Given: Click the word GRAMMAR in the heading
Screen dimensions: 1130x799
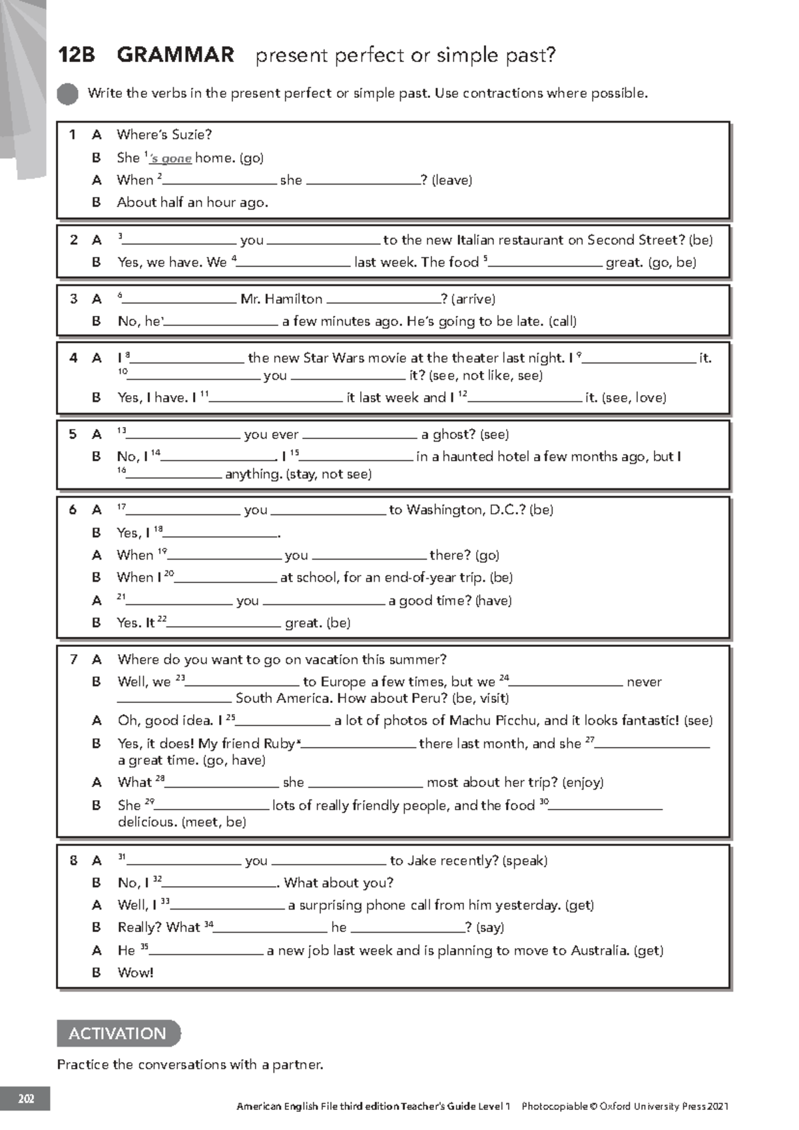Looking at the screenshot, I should (175, 55).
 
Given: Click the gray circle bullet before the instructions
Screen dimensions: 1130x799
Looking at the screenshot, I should (67, 94).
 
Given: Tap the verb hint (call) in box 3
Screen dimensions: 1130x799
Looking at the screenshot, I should (562, 321).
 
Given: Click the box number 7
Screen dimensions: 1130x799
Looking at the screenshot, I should (73, 660).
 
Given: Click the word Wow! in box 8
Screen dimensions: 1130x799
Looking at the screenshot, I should (135, 973).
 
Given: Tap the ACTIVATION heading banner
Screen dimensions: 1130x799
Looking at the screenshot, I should (118, 1033).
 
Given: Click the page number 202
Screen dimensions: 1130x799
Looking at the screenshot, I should (25, 1099).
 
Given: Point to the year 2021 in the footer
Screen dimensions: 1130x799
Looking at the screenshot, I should (718, 1107).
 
